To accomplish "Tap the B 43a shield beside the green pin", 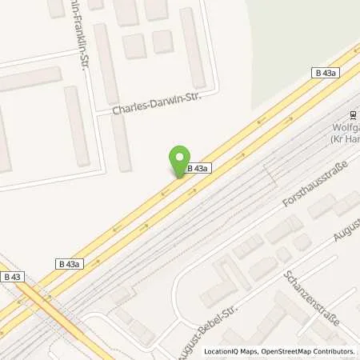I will [x=199, y=169].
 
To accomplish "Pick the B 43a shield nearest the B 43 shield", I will [x=70, y=263].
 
